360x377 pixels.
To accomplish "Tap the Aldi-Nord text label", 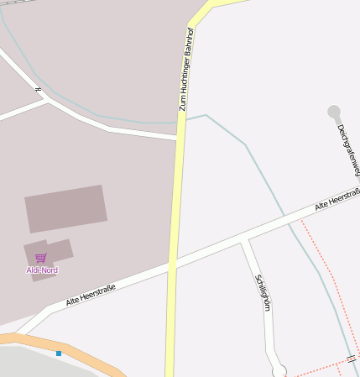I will coord(42,270).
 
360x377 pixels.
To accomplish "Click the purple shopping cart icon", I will coord(40,258).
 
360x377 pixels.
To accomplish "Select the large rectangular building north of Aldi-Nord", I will coord(65,208).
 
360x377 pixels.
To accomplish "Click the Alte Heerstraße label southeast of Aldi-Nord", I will coord(91,295).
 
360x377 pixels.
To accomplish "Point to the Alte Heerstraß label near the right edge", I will coord(337,200).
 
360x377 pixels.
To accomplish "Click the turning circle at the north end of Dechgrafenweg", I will coord(334,112).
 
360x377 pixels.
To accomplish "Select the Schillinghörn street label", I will coord(263,292).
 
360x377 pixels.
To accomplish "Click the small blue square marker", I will coord(59,353).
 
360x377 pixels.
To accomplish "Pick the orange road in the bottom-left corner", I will coord(50,344).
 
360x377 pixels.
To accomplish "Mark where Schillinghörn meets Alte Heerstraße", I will coord(244,242).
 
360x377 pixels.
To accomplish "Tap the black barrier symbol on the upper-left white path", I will coord(38,88).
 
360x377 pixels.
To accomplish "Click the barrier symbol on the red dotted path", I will coord(351,359).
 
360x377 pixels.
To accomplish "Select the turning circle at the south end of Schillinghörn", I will coord(279,370).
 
